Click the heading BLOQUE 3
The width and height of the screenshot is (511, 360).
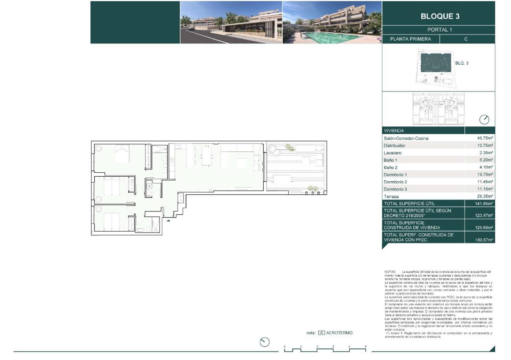[x=440, y=17]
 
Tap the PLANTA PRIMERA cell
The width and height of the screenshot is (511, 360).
[x=411, y=39]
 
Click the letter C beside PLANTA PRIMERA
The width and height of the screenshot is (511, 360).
[x=466, y=39]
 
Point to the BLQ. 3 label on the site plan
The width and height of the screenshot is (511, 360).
[x=462, y=63]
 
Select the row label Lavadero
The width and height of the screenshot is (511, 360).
[x=393, y=153]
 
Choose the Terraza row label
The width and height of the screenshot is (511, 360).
[x=392, y=196]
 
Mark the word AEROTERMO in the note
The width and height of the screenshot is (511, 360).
[x=339, y=333]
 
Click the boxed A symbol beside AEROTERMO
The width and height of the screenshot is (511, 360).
[x=322, y=333]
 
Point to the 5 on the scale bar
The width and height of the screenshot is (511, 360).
[x=365, y=347]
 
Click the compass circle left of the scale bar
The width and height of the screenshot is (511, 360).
[x=265, y=342]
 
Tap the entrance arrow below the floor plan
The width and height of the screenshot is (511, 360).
[x=169, y=220]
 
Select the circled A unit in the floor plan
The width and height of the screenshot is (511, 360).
[x=149, y=186]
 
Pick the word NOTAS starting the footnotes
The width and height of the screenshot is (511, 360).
[x=390, y=271]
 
